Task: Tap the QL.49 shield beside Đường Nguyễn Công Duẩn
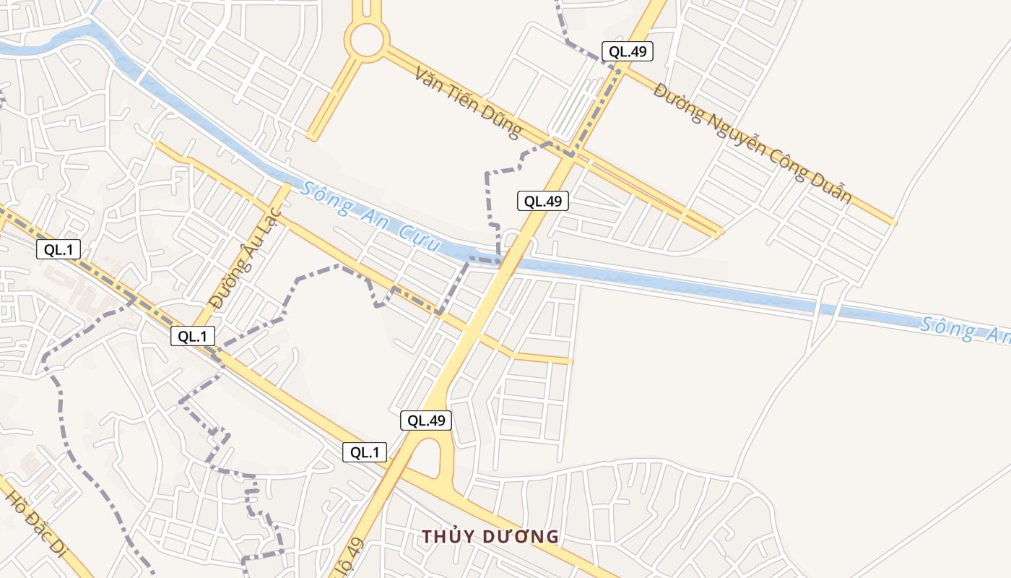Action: pos(628,51)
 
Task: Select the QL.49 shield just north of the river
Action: pos(543,201)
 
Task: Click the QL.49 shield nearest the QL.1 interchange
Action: pos(426,420)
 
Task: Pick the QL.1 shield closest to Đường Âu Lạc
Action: pos(193,336)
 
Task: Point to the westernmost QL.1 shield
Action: pos(58,250)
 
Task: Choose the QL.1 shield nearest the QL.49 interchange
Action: pos(365,453)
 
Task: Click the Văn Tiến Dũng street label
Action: pos(468,102)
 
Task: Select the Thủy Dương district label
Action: pos(490,537)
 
